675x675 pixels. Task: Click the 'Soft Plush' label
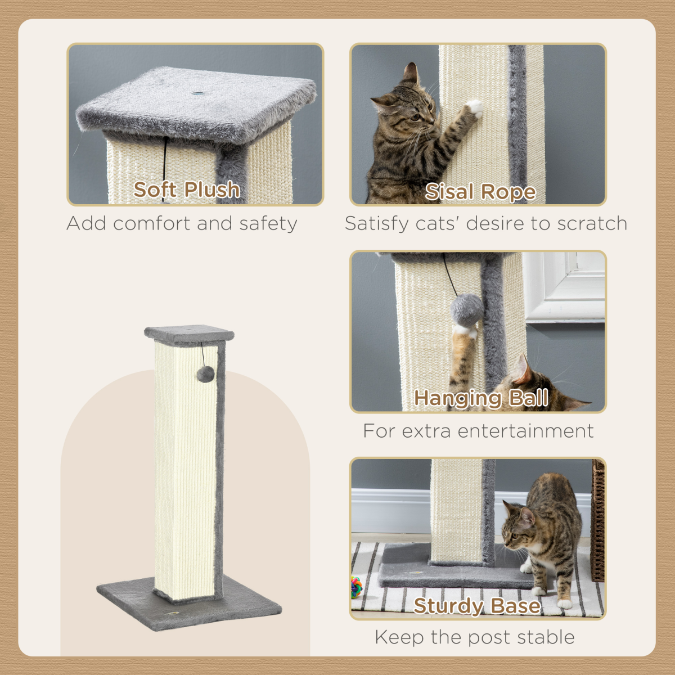186,190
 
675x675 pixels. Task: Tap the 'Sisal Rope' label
480,192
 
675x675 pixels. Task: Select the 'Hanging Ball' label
481,398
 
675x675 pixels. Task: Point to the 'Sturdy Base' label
477,606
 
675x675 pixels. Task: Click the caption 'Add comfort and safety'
182,223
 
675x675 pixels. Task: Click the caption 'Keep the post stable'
475,637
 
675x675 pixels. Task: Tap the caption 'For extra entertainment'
478,431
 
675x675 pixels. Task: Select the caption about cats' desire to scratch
486,223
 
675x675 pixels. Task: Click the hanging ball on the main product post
206,374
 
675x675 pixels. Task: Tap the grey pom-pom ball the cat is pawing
467,309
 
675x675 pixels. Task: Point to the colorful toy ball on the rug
357,586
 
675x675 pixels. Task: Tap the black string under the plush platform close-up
165,160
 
